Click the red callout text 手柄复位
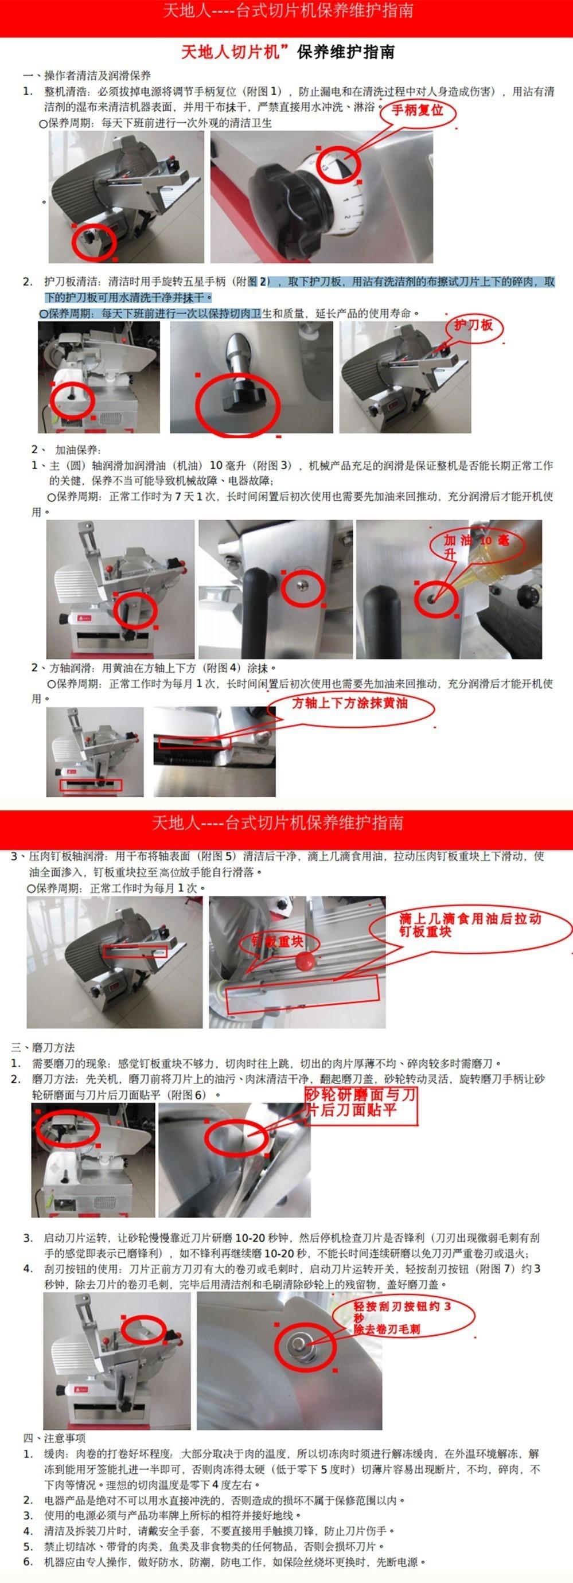(x=418, y=111)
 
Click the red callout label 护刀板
(x=473, y=325)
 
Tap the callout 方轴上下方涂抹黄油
(x=350, y=703)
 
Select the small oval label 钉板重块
(x=276, y=942)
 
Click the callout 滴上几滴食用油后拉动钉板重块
(x=470, y=925)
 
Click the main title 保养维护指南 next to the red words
(x=345, y=52)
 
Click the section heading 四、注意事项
(x=54, y=1438)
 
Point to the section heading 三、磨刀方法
(x=43, y=1047)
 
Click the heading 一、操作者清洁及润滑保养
(x=87, y=76)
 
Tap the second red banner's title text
(x=277, y=822)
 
